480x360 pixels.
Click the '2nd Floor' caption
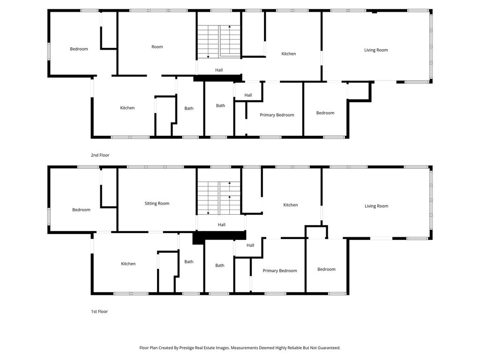pos(100,155)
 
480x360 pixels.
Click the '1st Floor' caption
pos(99,311)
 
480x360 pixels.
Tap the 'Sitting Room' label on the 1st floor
pos(157,203)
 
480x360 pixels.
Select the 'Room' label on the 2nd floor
pos(157,47)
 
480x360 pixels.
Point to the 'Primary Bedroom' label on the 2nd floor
pos(277,115)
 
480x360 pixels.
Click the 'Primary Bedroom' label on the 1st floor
pos(279,270)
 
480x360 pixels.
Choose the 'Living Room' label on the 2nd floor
pos(376,50)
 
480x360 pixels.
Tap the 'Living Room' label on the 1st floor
pos(376,206)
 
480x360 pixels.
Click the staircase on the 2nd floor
pos(218,42)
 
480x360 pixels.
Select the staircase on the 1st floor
pos(218,198)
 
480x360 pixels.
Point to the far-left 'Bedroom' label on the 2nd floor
pos(79,49)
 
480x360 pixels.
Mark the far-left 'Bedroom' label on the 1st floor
pos(81,210)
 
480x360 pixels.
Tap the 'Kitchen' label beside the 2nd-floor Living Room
pos(288,54)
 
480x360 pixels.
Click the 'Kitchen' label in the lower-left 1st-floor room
pos(128,264)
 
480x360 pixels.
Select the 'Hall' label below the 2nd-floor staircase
pos(219,70)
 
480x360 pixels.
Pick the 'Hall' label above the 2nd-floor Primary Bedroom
pos(248,95)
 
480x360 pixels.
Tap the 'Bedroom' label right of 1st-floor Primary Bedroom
pos(326,269)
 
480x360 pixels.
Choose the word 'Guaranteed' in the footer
pos(328,348)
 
